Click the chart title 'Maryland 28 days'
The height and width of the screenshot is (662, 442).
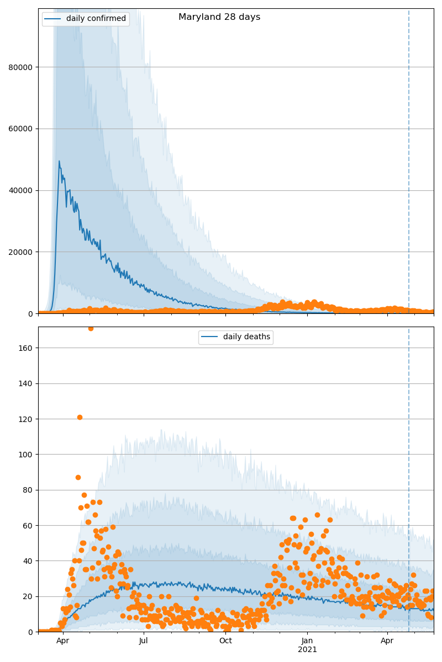coord(219,17)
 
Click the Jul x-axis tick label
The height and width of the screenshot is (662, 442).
coord(144,641)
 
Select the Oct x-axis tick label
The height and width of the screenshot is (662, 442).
coord(225,641)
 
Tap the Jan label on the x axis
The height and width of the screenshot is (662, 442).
coord(307,641)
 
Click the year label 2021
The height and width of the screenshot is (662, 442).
coord(307,650)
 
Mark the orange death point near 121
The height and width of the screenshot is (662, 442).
coord(80,417)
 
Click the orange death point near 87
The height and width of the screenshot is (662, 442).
coord(78,477)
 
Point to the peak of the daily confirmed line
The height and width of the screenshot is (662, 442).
coord(59,161)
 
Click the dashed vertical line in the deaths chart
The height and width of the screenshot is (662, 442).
coord(409,496)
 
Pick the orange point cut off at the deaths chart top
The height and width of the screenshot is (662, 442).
coord(91,328)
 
